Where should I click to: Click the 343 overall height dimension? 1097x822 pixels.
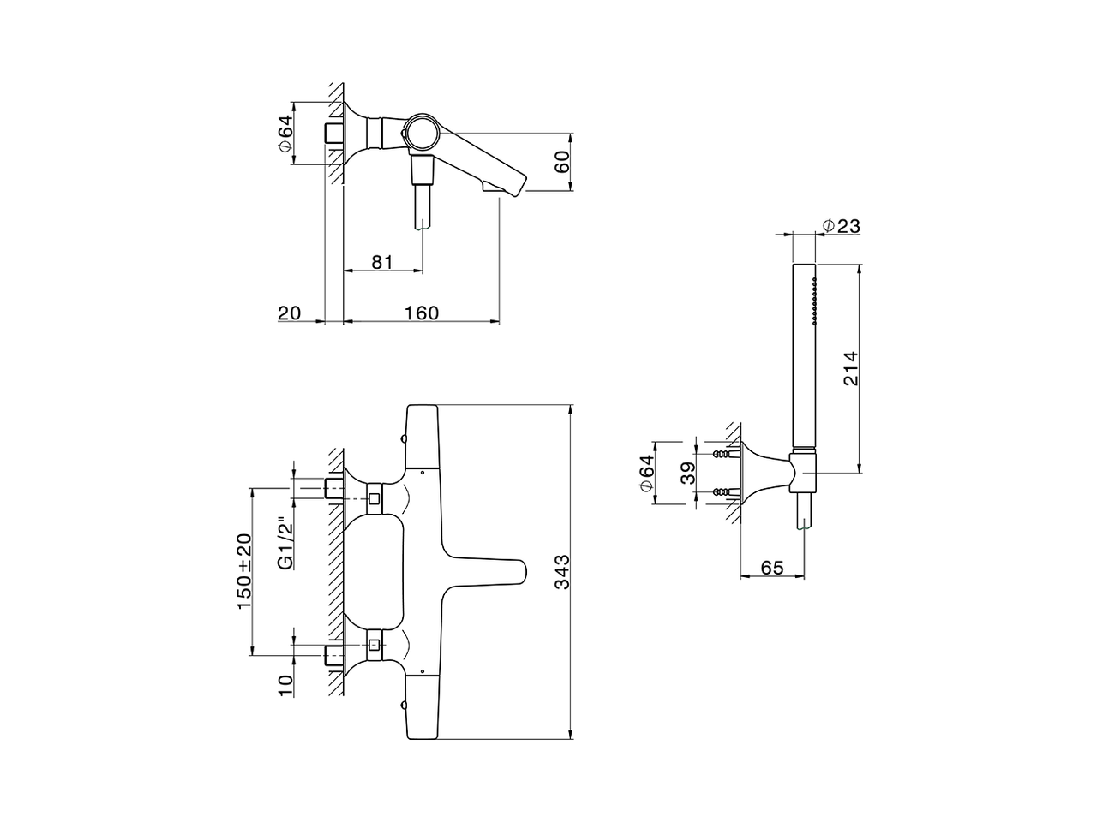pyautogui.click(x=562, y=571)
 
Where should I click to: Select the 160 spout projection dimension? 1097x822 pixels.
pyautogui.click(x=421, y=313)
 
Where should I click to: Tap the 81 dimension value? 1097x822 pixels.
pyautogui.click(x=382, y=262)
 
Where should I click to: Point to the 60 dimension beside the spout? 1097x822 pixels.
pyautogui.click(x=562, y=162)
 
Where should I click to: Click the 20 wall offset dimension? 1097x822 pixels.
pyautogui.click(x=290, y=313)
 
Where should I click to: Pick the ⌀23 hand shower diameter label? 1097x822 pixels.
pyautogui.click(x=841, y=226)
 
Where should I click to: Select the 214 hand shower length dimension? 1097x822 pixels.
pyautogui.click(x=849, y=368)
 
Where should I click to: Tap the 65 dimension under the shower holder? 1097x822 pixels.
pyautogui.click(x=772, y=567)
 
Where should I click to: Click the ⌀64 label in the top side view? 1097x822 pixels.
pyautogui.click(x=286, y=134)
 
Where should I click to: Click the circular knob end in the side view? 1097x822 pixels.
pyautogui.click(x=420, y=134)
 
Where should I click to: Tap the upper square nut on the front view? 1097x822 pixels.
pyautogui.click(x=375, y=497)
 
